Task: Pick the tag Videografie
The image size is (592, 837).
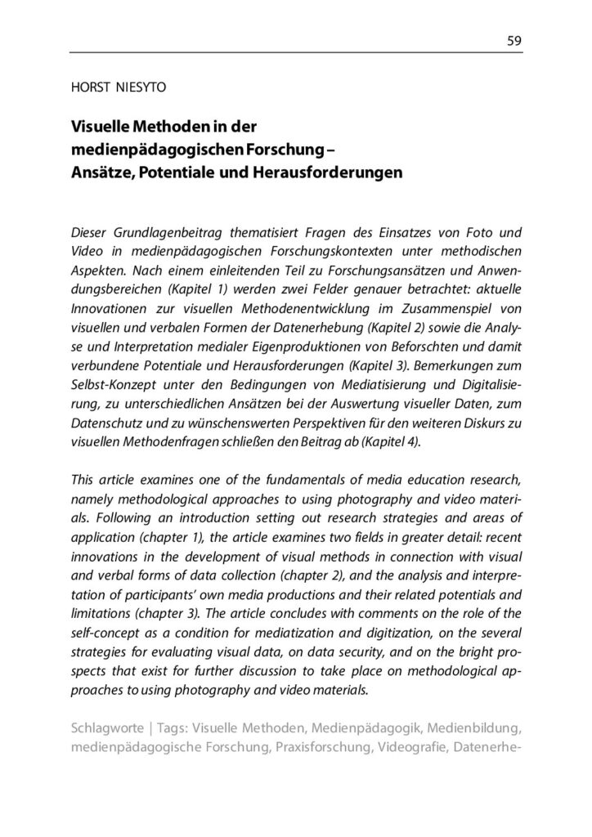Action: pos(413,748)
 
